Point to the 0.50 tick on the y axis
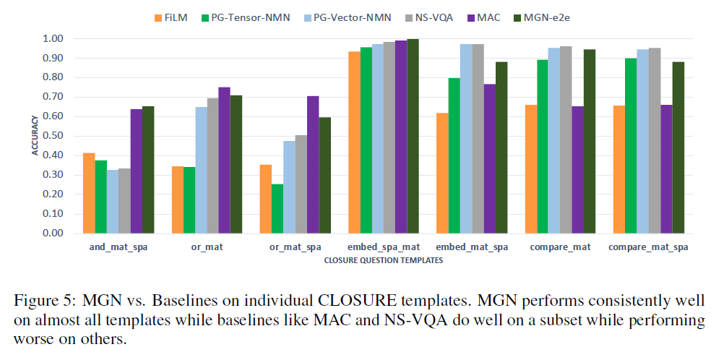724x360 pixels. point(53,136)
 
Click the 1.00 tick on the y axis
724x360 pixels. point(53,38)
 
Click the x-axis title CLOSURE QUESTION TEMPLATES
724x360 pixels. point(383,261)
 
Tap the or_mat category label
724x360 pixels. point(207,248)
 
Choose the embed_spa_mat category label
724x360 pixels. point(383,248)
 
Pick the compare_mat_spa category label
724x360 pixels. point(648,248)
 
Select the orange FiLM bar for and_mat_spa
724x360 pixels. point(89,193)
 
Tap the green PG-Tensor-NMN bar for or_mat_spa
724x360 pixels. point(277,209)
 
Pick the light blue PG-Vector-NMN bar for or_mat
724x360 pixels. point(201,170)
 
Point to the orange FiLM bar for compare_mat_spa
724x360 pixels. point(619,169)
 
